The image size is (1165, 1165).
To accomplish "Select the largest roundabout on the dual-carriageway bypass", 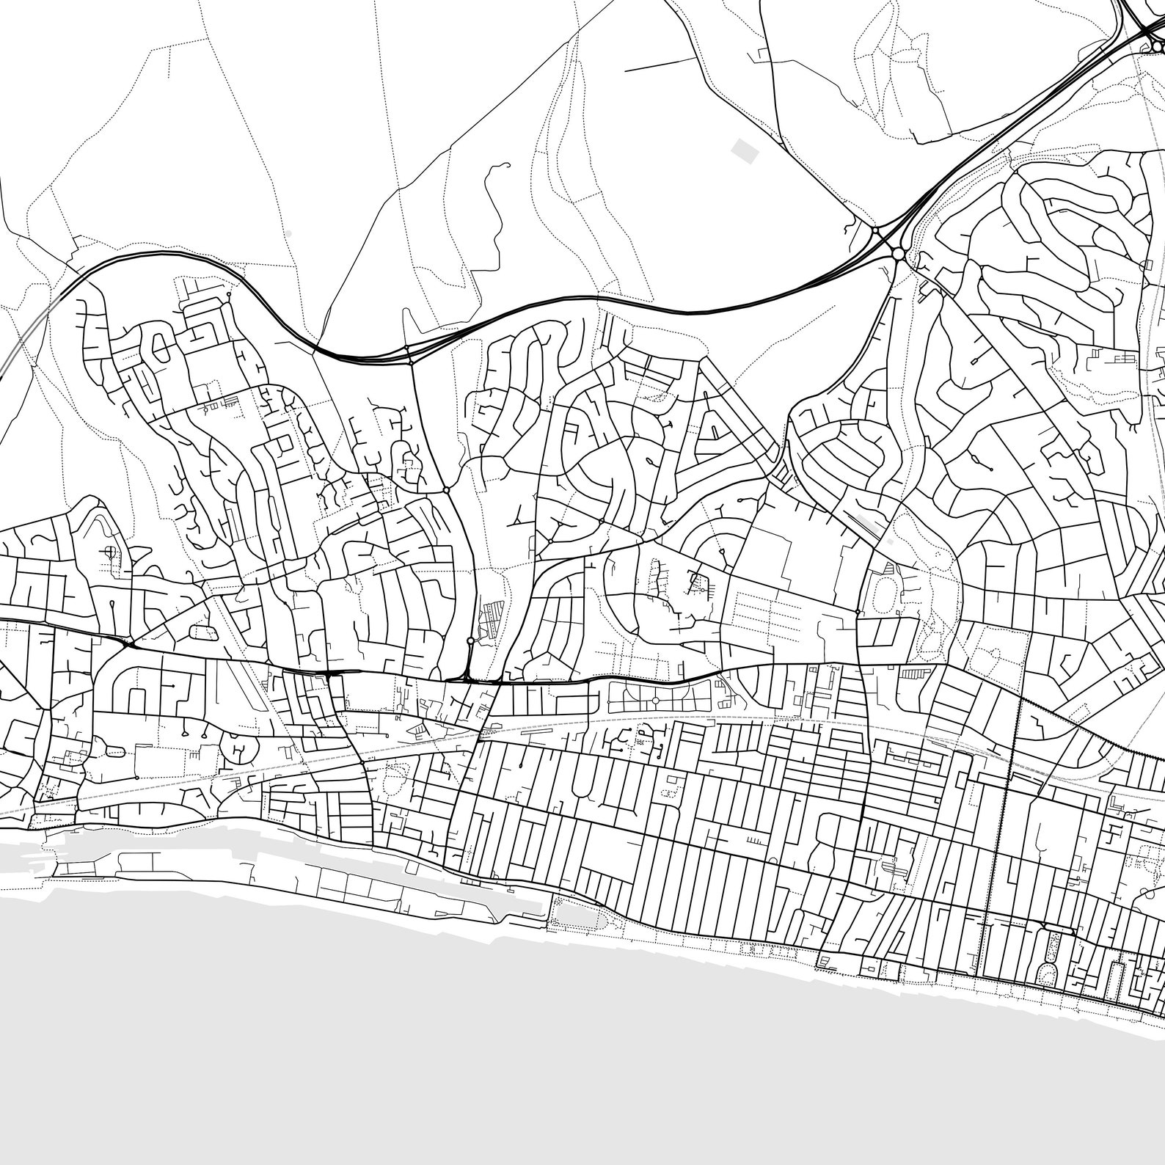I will (898, 254).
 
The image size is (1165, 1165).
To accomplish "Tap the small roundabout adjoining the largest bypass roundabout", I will (876, 232).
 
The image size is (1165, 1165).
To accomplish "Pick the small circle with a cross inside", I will (110, 552).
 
